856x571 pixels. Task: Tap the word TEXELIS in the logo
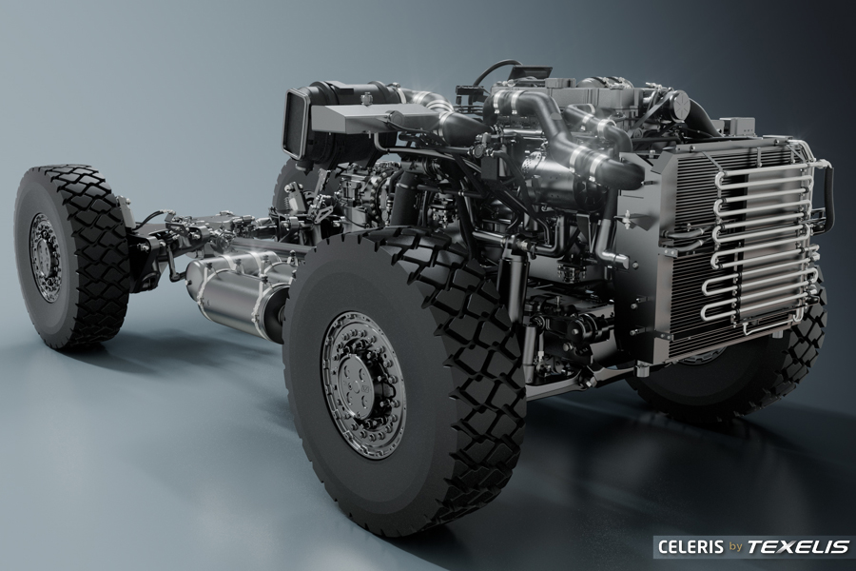tap(798, 546)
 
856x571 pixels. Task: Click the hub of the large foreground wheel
tap(363, 378)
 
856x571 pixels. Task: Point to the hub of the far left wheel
tap(45, 257)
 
